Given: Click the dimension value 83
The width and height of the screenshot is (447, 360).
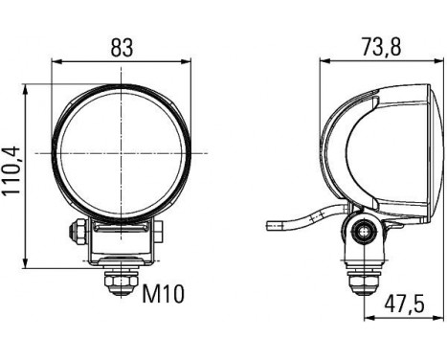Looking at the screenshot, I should click(122, 47).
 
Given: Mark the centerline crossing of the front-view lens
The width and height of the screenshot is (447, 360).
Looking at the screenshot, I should click(123, 153).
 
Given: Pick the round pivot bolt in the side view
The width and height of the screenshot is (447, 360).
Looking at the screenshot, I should click(361, 231).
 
